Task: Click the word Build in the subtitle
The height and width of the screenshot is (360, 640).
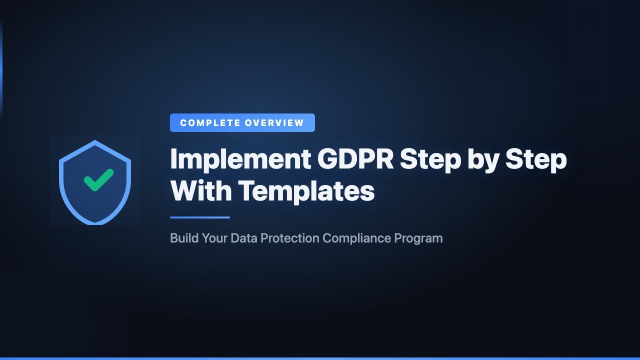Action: [x=184, y=238]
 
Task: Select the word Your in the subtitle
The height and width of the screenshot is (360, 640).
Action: [x=214, y=238]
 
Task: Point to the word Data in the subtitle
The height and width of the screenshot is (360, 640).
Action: [x=243, y=238]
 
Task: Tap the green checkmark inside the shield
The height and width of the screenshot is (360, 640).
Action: [x=98, y=180]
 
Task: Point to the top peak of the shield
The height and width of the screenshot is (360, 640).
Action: [x=95, y=142]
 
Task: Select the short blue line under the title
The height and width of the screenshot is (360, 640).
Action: [x=200, y=217]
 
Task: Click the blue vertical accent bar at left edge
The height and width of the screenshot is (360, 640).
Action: [x=1, y=70]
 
